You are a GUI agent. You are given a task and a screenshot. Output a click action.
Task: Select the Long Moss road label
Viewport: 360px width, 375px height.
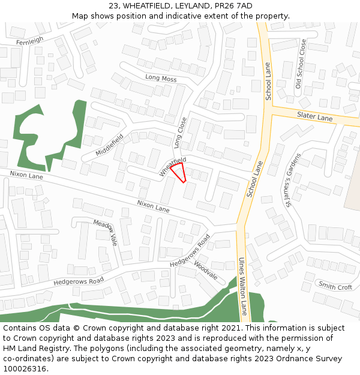(161, 78)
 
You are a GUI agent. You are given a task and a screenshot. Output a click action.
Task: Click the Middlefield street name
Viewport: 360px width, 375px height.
(109, 144)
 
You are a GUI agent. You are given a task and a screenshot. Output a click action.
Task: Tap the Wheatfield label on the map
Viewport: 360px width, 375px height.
(173, 166)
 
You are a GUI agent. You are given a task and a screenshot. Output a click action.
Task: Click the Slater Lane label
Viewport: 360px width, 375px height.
(314, 116)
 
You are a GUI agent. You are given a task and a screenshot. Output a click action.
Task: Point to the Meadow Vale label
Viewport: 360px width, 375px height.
(105, 232)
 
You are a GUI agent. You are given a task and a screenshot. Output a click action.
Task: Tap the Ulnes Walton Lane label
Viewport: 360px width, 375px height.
(242, 287)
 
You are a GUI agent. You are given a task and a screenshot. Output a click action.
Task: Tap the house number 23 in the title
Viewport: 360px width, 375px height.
(114, 6)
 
